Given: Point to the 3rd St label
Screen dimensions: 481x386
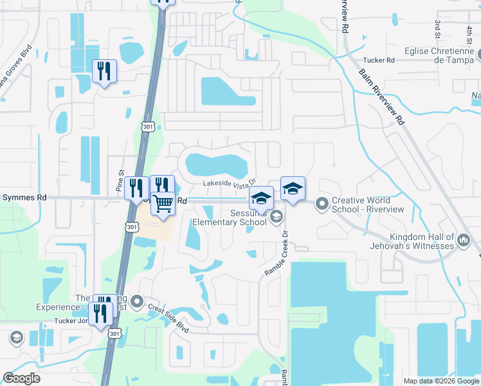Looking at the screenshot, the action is click(x=438, y=29).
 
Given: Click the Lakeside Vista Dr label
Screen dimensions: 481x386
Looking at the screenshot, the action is click(x=230, y=185).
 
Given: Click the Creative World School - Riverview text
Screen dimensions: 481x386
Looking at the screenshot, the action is click(x=368, y=205).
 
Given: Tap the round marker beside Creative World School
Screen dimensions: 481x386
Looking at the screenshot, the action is click(x=322, y=205).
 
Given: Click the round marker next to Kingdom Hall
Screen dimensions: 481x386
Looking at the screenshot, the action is click(x=464, y=242).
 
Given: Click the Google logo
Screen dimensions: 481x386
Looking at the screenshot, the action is click(x=22, y=378).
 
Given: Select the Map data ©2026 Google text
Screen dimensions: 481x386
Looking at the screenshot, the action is click(x=440, y=381).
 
